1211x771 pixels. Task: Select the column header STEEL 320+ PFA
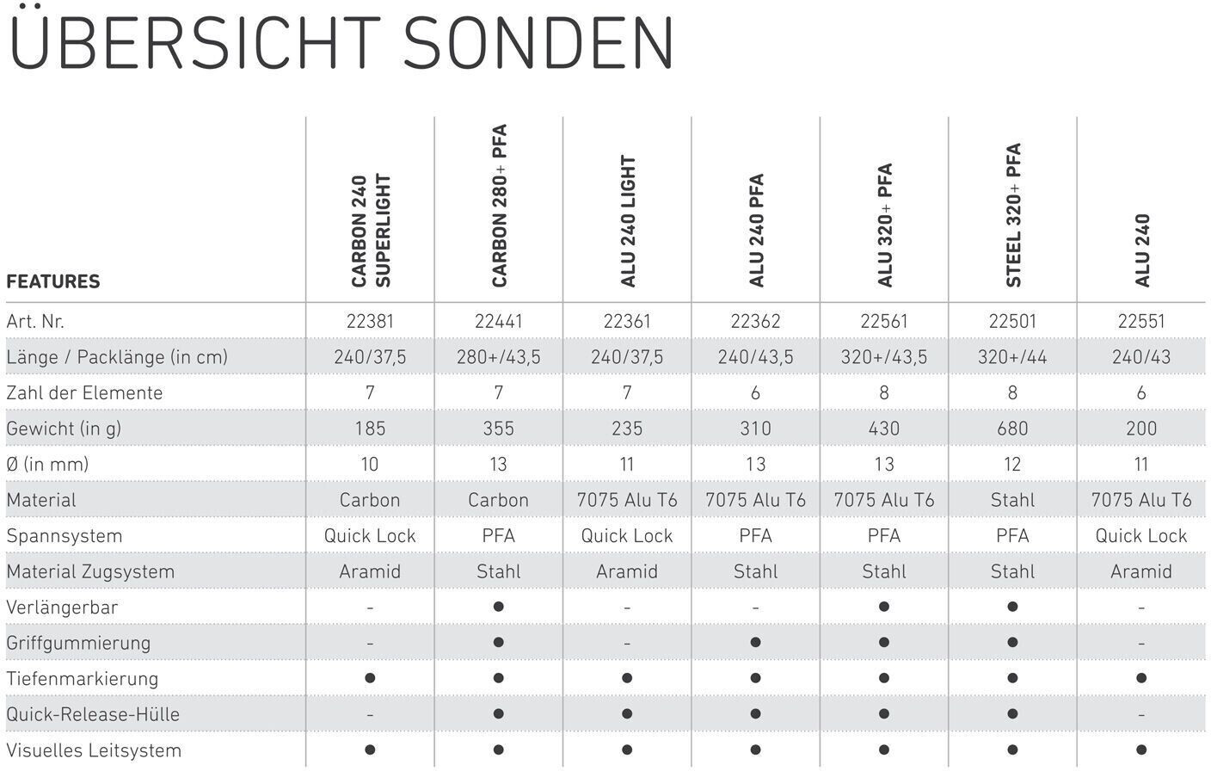(x=1013, y=215)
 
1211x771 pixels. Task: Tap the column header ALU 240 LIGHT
(x=628, y=221)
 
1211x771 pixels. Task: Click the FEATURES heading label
(x=53, y=281)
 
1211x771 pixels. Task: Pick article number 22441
(x=499, y=321)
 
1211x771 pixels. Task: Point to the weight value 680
(x=1012, y=429)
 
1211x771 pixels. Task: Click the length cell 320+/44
(x=1012, y=356)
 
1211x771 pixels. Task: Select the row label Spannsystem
(x=65, y=535)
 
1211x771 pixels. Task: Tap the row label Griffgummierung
(x=78, y=643)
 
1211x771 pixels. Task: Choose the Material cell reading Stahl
(x=1012, y=500)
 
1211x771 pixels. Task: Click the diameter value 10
(x=370, y=464)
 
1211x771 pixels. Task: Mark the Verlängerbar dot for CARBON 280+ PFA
(x=499, y=607)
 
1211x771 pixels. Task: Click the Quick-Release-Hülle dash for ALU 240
(x=1141, y=714)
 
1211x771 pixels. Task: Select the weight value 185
(x=370, y=429)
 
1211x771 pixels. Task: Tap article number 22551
(x=1141, y=321)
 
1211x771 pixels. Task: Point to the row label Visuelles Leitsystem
(x=94, y=749)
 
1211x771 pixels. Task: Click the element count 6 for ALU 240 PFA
(x=756, y=392)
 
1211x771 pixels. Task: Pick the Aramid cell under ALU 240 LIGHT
(x=627, y=571)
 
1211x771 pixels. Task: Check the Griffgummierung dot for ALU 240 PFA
(x=756, y=643)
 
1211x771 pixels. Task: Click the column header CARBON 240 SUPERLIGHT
(x=371, y=231)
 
